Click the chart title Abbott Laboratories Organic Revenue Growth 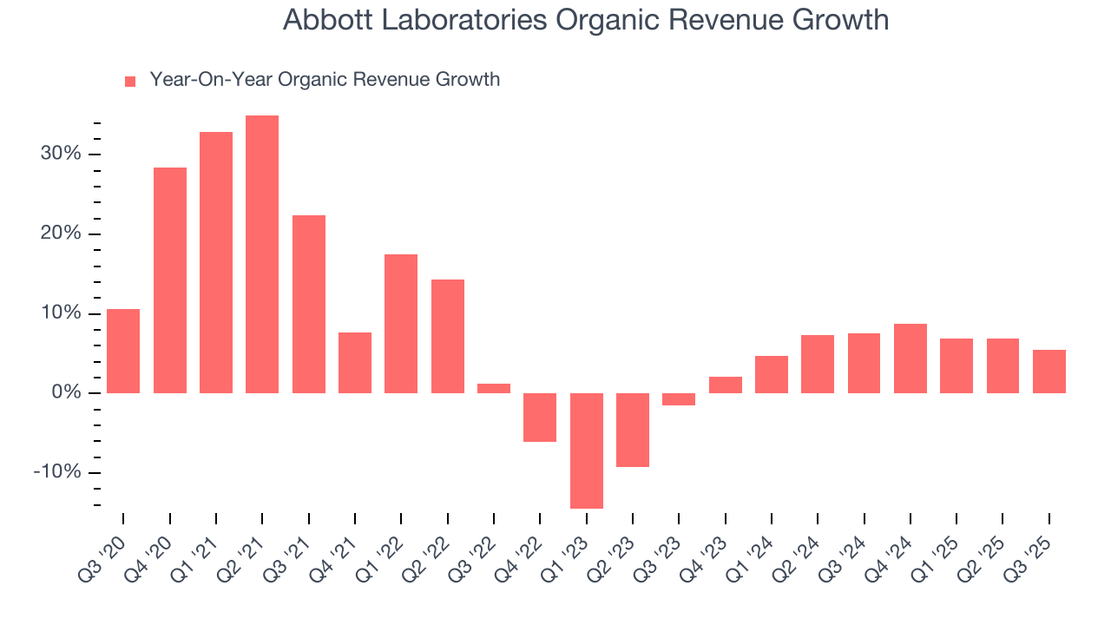tap(586, 20)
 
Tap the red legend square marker tap(130, 81)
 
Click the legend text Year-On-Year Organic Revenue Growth tap(325, 80)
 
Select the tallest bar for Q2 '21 tap(262, 253)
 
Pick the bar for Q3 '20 tap(123, 351)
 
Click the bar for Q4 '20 tap(169, 280)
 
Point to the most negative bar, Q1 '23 tap(586, 451)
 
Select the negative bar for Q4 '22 tap(540, 418)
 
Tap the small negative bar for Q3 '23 tap(679, 399)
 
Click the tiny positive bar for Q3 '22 tap(494, 388)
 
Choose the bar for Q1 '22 tap(401, 323)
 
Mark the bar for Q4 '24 tap(910, 358)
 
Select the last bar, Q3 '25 tap(1049, 371)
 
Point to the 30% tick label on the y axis tap(60, 154)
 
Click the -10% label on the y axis tap(57, 472)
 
